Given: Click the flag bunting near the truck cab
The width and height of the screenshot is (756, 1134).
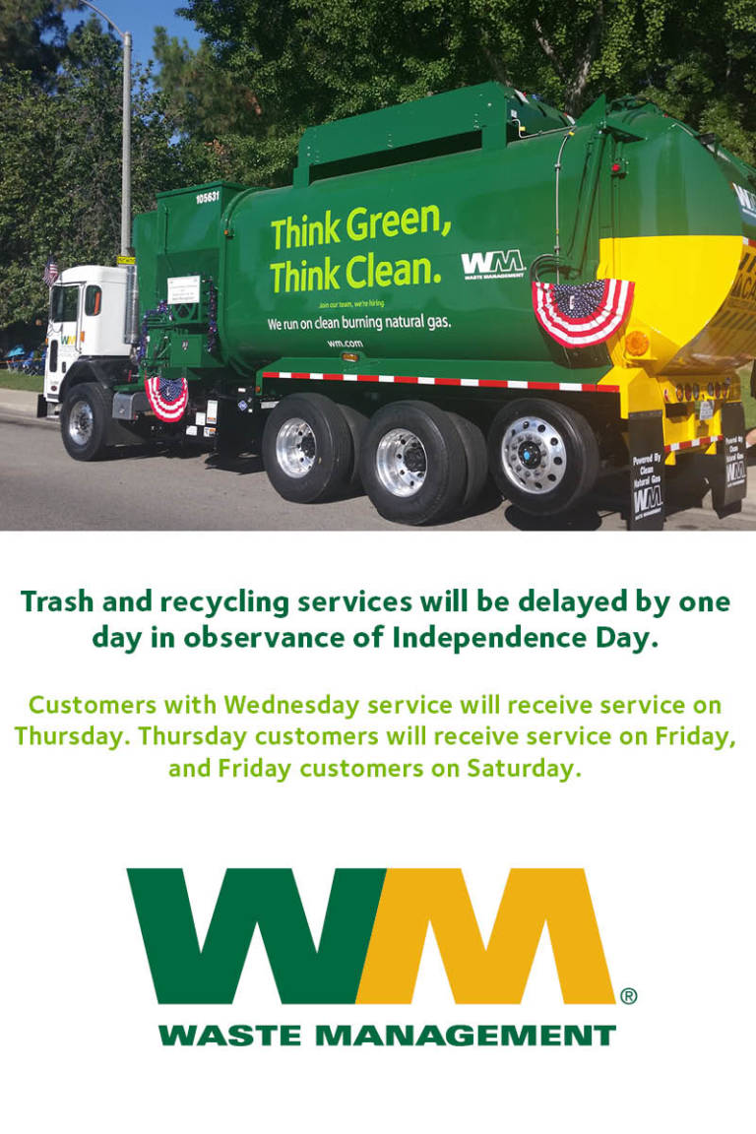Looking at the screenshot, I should [x=167, y=396].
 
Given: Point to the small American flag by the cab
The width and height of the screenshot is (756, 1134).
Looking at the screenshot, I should [x=50, y=269].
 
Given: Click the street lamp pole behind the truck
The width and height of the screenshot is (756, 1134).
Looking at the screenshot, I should [x=127, y=148].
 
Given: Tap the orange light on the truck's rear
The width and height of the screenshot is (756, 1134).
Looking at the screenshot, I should [x=637, y=344].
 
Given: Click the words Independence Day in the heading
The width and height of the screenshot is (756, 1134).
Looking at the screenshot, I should [x=525, y=637].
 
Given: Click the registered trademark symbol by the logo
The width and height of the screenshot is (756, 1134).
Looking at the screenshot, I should [x=628, y=996].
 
